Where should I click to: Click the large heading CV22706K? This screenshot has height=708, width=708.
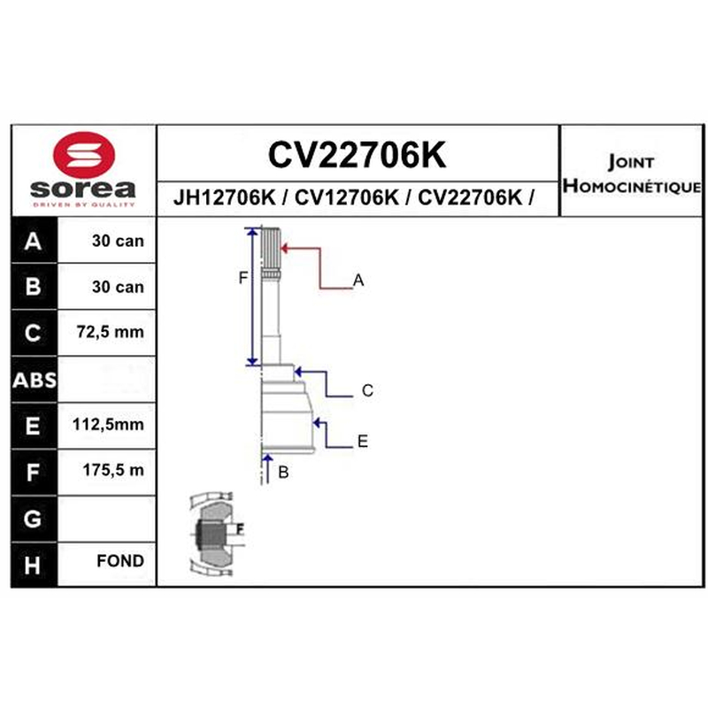(x=358, y=154)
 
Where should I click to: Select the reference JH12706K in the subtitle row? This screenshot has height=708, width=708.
(x=224, y=197)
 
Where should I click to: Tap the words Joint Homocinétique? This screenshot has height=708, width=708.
(x=632, y=173)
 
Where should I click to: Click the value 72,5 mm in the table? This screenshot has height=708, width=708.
(x=110, y=332)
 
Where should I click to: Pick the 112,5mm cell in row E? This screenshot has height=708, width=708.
(x=108, y=425)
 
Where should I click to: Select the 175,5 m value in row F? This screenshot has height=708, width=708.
(x=113, y=470)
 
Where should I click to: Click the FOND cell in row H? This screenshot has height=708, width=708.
(x=120, y=561)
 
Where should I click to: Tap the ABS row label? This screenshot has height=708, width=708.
(x=35, y=381)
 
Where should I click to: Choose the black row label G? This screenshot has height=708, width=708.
(x=33, y=519)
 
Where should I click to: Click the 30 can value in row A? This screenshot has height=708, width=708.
(x=118, y=241)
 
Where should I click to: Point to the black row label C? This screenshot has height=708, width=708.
(x=33, y=333)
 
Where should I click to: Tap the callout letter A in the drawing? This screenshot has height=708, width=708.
(x=358, y=281)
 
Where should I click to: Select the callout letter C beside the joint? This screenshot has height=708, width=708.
(x=367, y=390)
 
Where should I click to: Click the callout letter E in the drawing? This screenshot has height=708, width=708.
(x=363, y=441)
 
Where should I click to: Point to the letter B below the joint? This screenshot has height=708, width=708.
(x=283, y=473)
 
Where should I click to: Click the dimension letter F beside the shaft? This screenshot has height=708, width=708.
(x=242, y=278)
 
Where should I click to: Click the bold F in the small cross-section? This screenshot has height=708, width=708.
(x=240, y=528)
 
